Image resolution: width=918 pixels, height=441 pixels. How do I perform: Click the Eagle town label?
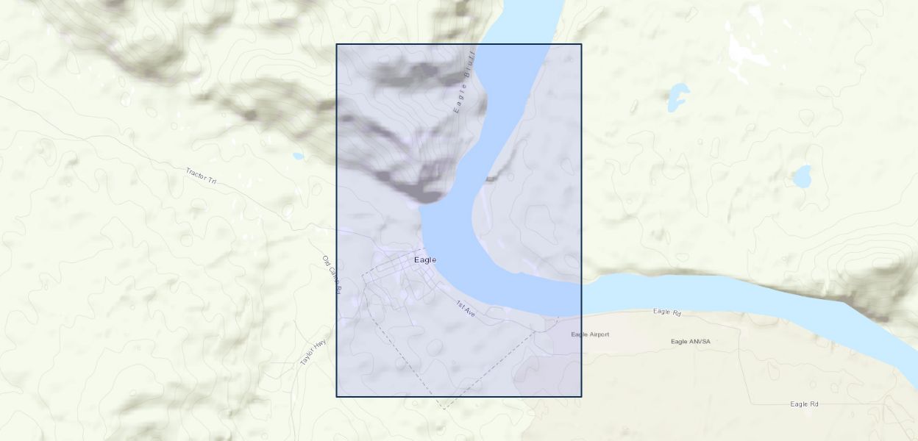click(x=425, y=259)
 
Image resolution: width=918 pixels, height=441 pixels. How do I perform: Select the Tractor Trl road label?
click(x=201, y=176)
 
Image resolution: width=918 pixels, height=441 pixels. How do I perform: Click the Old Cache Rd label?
click(x=332, y=275)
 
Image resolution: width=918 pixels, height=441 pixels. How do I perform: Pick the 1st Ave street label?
click(x=466, y=309)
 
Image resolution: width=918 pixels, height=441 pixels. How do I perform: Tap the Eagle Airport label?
click(x=590, y=334)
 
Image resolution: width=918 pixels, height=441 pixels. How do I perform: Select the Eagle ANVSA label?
click(x=691, y=341)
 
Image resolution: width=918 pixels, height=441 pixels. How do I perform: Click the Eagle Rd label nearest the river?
click(x=667, y=312)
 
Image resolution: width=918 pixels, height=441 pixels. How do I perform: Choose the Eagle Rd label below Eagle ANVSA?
click(x=804, y=404)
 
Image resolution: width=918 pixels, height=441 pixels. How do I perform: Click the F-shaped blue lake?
click(x=677, y=96)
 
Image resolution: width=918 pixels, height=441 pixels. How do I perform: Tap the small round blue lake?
click(x=802, y=176)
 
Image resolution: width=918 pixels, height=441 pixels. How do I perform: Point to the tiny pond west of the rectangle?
click(x=297, y=156)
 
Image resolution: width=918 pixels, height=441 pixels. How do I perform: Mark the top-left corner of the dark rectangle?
click(x=337, y=44)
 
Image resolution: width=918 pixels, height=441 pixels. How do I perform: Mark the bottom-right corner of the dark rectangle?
click(x=581, y=397)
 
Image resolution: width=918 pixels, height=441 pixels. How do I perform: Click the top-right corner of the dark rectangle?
click(x=581, y=44)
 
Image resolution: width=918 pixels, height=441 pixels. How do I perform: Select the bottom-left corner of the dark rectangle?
click(x=337, y=397)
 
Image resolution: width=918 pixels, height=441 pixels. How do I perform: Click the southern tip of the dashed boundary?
click(x=443, y=408)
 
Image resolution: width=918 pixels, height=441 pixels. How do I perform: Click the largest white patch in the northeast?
click(x=744, y=51)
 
